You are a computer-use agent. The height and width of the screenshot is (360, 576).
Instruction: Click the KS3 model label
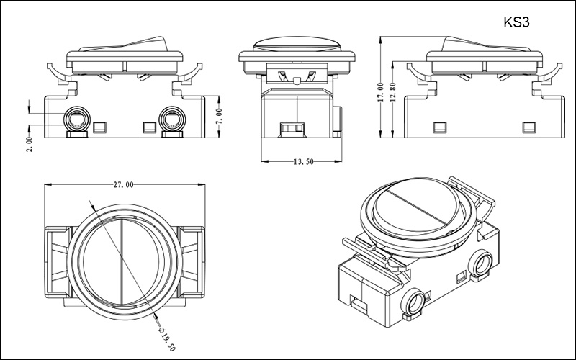click(517, 22)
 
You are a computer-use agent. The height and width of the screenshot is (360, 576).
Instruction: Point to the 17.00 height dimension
click(380, 89)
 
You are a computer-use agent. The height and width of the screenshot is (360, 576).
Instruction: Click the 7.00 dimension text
click(220, 114)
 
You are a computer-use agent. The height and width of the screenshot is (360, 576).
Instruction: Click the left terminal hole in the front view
click(75, 117)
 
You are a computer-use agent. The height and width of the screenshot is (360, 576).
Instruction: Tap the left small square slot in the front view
click(99, 127)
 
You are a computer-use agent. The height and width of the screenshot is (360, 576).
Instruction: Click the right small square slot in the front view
click(149, 127)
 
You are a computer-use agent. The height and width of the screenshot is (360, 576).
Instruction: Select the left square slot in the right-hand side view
click(438, 127)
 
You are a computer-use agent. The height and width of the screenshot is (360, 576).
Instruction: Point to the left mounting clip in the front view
click(66, 81)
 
